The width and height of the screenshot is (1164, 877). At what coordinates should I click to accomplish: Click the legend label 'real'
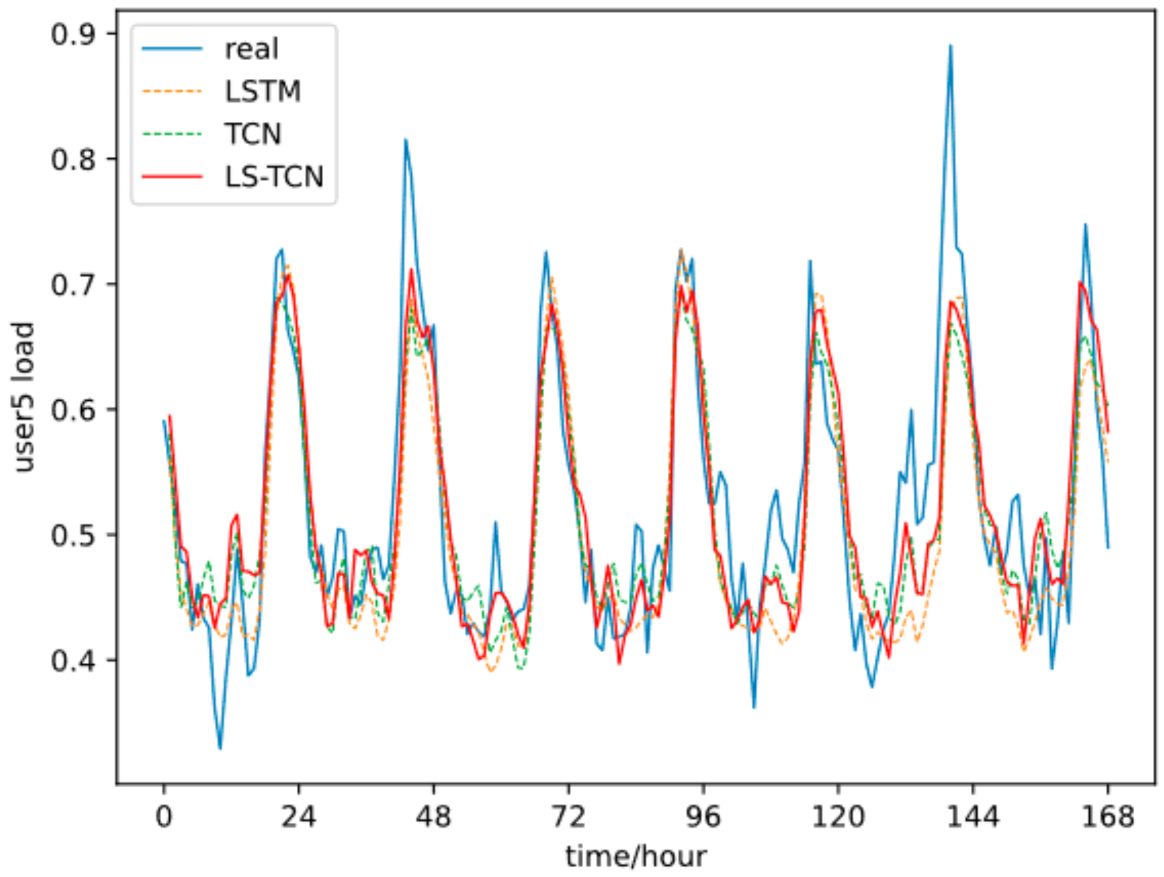tap(252, 49)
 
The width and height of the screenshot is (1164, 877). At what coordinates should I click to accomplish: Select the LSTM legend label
tap(262, 91)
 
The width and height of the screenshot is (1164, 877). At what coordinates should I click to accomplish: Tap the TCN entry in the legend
tap(253, 134)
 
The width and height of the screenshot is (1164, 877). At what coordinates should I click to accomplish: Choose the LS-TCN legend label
tap(274, 177)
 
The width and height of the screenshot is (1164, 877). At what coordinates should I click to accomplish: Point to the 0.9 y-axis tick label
tap(73, 34)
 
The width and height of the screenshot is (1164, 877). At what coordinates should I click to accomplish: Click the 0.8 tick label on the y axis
tap(73, 160)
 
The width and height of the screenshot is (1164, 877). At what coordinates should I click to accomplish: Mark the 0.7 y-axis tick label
tap(73, 285)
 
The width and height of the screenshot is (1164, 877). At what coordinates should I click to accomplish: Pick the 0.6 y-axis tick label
tap(73, 410)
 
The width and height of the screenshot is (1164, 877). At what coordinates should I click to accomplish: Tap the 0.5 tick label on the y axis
tap(73, 536)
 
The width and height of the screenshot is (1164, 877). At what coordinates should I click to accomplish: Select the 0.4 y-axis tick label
tap(73, 661)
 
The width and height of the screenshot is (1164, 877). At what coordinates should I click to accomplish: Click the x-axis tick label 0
tap(164, 816)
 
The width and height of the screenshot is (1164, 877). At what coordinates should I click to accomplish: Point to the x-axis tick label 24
tap(298, 816)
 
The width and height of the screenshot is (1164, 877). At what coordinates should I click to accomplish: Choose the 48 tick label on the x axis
tap(433, 816)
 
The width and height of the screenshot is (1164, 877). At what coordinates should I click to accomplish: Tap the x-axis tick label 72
tap(568, 816)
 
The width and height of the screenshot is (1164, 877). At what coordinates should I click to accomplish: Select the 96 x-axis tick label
tap(703, 816)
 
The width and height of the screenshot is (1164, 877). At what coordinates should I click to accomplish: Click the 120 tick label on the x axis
tap(838, 816)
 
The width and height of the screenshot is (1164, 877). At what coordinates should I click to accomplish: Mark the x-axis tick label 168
tap(1107, 816)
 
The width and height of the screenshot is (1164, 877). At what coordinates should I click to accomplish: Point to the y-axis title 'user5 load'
tap(24, 397)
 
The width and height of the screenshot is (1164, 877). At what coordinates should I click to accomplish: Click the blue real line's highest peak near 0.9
tap(950, 46)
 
